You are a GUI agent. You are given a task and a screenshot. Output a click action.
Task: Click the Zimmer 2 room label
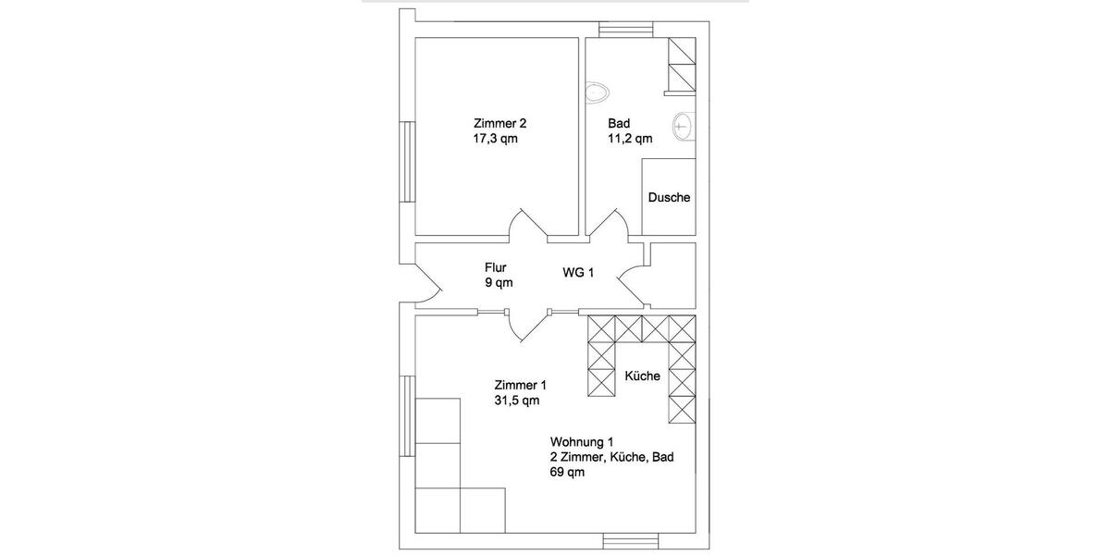tap(499, 123)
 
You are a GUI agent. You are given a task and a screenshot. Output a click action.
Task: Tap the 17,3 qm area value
tap(495, 140)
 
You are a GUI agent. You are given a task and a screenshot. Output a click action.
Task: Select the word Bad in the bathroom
tap(619, 123)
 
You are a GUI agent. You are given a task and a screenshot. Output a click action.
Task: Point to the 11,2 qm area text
tap(630, 140)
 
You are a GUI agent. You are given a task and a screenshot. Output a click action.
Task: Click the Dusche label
tap(669, 198)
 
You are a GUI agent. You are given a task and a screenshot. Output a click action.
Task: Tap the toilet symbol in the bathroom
tap(598, 92)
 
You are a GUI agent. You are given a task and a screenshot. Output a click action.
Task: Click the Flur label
tap(496, 267)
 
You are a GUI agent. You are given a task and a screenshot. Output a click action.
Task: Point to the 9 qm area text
tap(499, 283)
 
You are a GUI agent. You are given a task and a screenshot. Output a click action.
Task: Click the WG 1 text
tap(578, 273)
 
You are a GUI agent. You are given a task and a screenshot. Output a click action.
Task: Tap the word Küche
tap(642, 376)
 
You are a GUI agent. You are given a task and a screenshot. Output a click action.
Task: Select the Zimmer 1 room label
tap(521, 385)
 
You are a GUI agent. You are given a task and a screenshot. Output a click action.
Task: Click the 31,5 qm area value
tap(516, 401)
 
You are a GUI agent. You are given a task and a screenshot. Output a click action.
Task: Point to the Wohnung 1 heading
tap(582, 441)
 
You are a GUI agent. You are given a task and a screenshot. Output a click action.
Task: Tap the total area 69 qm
tap(567, 473)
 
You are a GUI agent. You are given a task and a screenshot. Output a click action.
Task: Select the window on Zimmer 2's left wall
tap(407, 163)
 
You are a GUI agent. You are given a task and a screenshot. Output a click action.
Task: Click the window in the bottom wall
tap(631, 540)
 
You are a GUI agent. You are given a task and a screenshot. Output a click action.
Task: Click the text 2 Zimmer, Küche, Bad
tap(611, 457)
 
